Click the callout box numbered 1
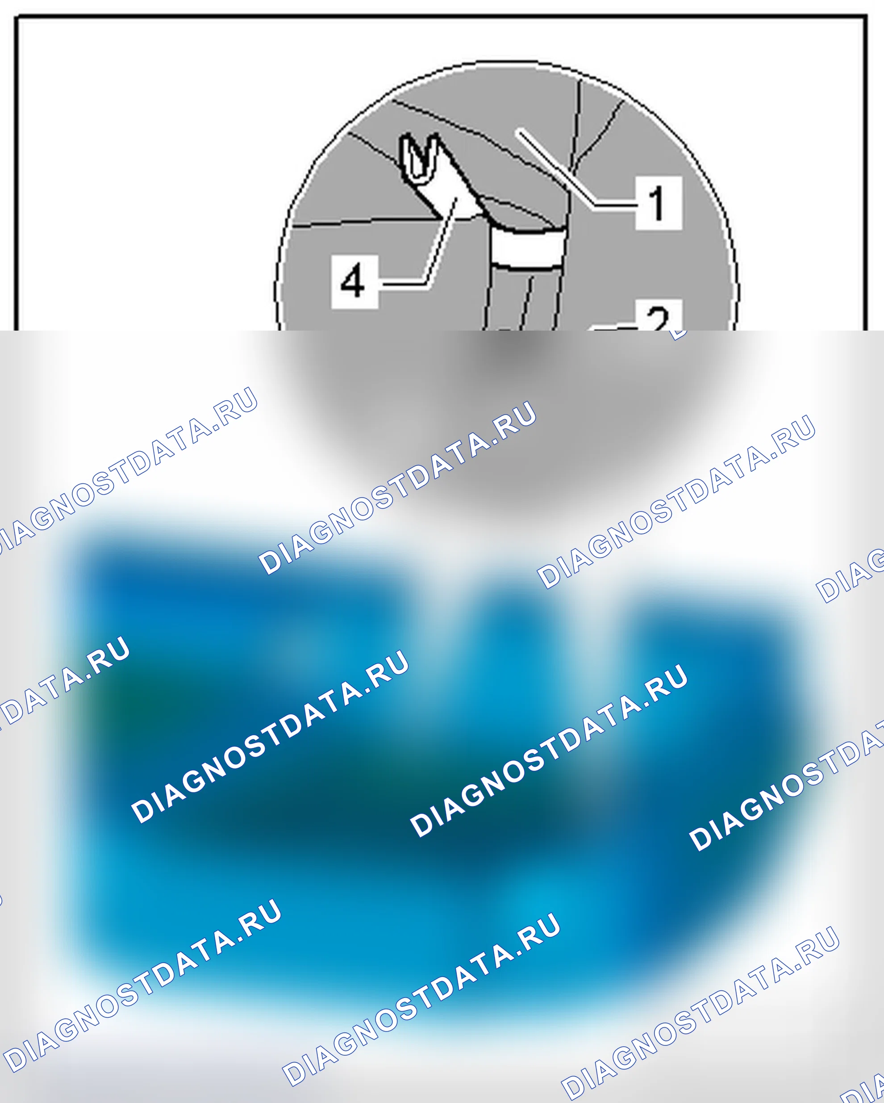click(x=659, y=203)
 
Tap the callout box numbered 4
click(x=354, y=282)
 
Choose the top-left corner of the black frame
click(x=17, y=18)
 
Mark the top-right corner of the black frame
click(x=866, y=18)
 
